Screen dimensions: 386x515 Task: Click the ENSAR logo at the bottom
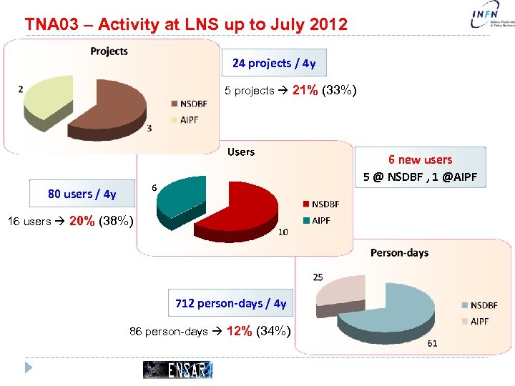[x=177, y=369]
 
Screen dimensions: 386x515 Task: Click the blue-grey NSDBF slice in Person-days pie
[x=393, y=315]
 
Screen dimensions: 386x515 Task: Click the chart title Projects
[x=109, y=51]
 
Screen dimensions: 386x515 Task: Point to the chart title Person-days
[x=398, y=252]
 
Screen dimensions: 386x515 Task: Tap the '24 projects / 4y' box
[x=274, y=63]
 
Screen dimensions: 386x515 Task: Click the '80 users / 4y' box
[x=82, y=194]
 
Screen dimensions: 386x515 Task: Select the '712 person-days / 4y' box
[x=230, y=303]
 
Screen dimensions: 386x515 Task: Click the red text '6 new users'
[x=420, y=159]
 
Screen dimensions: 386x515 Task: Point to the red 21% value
[x=305, y=90]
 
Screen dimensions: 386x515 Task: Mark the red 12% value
[x=237, y=331]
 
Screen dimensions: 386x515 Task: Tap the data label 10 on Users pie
[x=283, y=232]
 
